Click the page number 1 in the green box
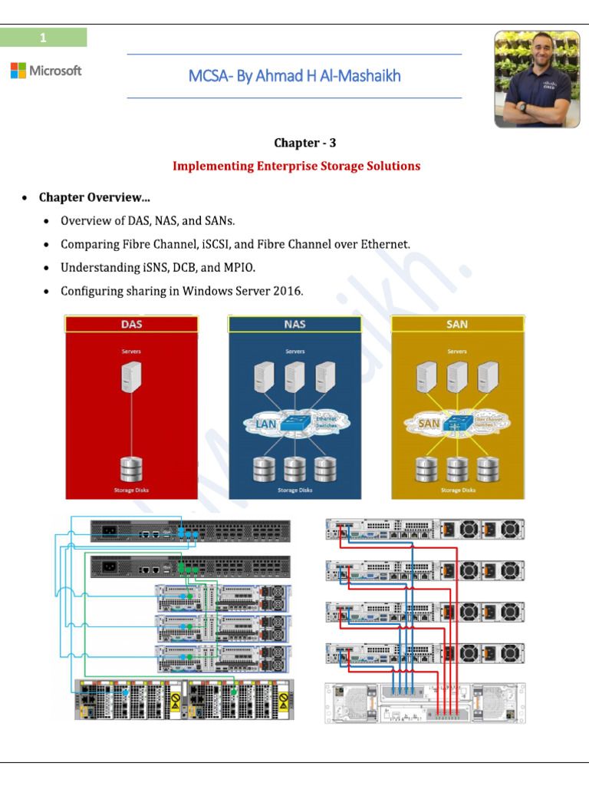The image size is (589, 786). [44, 38]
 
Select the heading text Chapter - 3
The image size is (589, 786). [305, 143]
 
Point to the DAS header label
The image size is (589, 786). [132, 324]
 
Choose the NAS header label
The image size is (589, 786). [294, 324]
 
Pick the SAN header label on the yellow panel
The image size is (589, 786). [457, 324]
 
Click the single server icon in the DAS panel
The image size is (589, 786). [132, 379]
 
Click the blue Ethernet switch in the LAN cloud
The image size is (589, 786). [295, 423]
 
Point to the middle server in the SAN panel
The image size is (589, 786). [458, 378]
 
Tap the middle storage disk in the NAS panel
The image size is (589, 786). [295, 468]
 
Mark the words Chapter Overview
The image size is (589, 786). [94, 197]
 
